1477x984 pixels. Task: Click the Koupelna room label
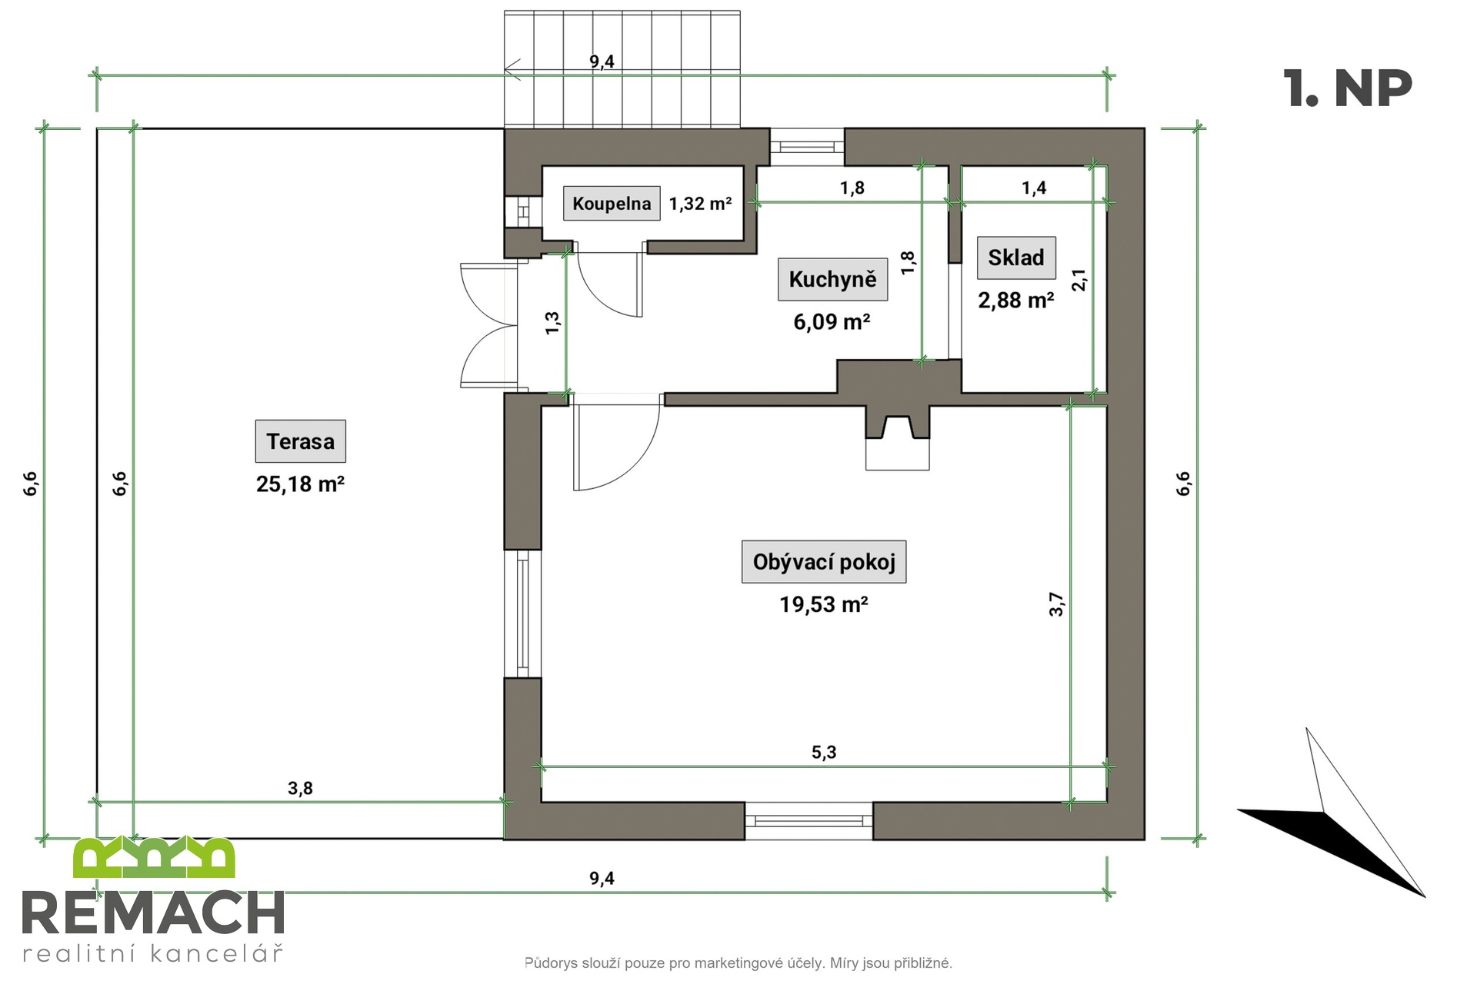coord(612,204)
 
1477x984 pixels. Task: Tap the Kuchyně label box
coord(832,279)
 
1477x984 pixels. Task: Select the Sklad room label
coord(1015,258)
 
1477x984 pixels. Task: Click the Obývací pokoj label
coord(823,562)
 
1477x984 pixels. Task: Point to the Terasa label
coord(300,441)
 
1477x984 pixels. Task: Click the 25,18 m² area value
coord(300,484)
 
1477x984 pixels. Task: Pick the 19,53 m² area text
coord(823,604)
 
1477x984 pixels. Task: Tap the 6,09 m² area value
coord(832,321)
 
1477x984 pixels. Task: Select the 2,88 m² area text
coord(1015,300)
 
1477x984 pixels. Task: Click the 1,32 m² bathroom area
coord(700,204)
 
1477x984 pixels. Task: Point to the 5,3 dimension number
coord(823,752)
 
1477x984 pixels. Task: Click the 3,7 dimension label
coord(1057,604)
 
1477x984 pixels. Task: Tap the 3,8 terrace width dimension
coord(300,788)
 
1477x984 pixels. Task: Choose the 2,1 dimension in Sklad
coord(1079,280)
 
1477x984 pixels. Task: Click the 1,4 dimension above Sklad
coord(1034,188)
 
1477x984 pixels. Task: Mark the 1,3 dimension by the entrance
coord(552,323)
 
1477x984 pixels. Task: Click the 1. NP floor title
coord(1347,88)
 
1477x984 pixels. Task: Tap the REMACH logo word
coord(154,913)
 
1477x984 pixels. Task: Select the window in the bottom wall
coord(809,820)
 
